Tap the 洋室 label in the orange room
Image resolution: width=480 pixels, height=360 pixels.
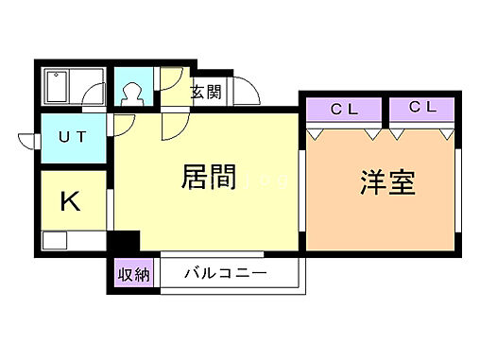click(387, 182)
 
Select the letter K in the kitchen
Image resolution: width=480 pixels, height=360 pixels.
click(69, 200)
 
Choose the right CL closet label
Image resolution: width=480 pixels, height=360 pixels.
click(422, 108)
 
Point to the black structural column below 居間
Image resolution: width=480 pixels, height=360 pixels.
click(124, 242)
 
